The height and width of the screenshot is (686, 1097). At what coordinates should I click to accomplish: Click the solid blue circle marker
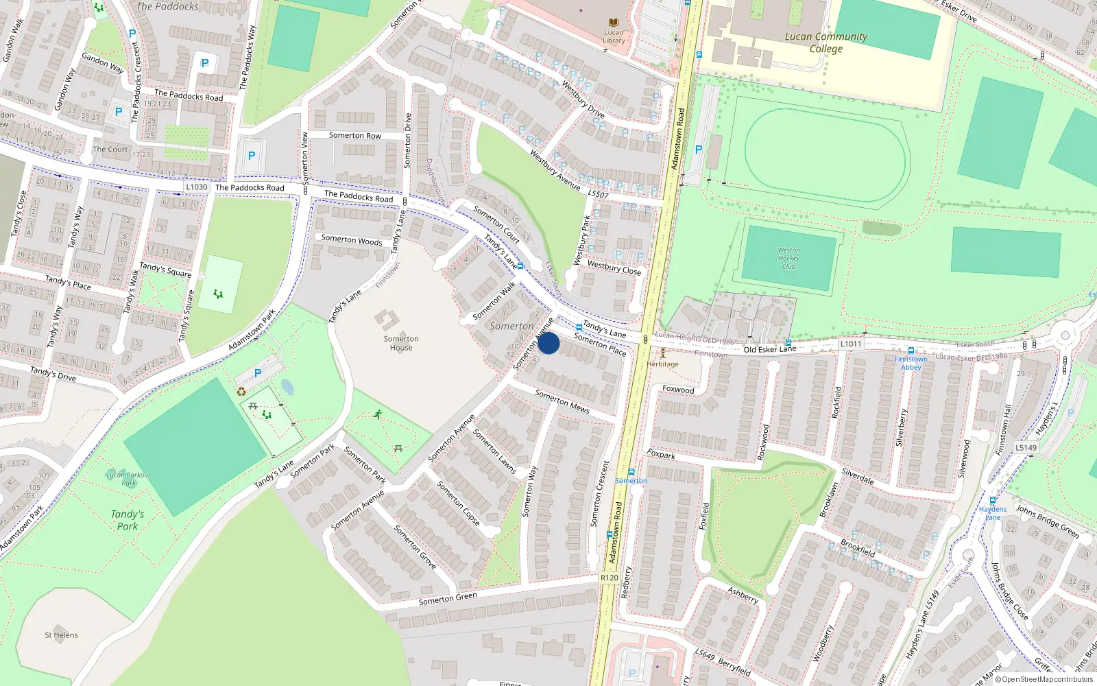click(548, 344)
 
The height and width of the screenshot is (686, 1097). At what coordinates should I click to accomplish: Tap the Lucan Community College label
click(825, 43)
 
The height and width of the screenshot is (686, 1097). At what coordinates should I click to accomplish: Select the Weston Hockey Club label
click(788, 259)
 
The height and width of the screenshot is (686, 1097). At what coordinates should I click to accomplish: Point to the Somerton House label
click(401, 343)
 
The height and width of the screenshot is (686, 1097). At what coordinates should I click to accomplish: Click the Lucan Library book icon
click(613, 23)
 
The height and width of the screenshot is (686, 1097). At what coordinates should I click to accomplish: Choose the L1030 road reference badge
click(196, 187)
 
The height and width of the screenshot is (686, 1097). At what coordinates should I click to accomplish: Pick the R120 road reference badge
click(609, 578)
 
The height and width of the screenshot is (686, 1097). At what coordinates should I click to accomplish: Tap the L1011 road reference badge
click(850, 344)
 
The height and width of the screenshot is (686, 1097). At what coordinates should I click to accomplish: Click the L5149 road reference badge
click(1026, 447)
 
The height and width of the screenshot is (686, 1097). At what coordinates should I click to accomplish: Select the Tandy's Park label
click(128, 520)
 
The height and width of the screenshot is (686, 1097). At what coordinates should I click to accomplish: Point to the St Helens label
click(61, 635)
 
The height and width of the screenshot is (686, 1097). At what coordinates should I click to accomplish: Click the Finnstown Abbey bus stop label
click(911, 363)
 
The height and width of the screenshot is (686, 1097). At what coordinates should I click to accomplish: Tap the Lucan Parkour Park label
click(128, 478)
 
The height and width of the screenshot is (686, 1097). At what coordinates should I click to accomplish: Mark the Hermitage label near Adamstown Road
click(662, 364)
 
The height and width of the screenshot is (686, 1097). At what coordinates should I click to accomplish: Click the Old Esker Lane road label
click(769, 349)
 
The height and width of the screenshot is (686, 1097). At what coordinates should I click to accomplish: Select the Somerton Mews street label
click(562, 401)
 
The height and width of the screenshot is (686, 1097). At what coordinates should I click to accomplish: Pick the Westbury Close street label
click(614, 268)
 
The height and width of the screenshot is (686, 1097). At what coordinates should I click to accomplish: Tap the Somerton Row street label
click(354, 135)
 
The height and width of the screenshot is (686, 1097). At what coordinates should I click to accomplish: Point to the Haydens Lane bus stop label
click(992, 512)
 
